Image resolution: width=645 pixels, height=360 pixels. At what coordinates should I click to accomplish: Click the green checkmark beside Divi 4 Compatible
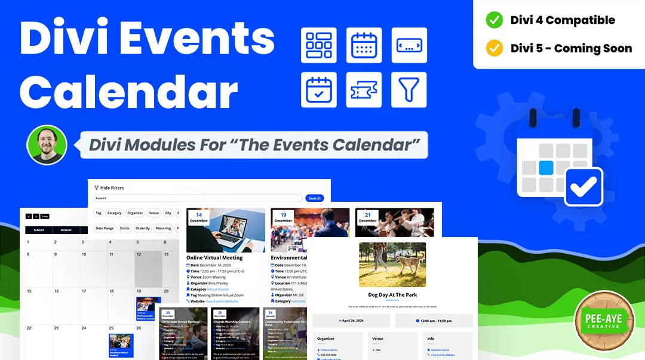point(494,20)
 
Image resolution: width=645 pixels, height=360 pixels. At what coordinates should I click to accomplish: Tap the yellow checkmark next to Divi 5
point(494,48)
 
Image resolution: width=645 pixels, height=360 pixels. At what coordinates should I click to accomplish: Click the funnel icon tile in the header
point(409,90)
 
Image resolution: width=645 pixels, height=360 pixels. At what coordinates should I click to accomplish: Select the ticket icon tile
point(364,90)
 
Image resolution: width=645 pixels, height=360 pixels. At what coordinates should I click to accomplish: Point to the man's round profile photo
point(47,144)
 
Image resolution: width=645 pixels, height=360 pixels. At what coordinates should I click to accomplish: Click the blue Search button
point(314,198)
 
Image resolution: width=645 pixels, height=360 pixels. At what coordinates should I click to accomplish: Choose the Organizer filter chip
point(135,213)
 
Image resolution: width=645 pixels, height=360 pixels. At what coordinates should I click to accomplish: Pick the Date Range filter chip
point(105,228)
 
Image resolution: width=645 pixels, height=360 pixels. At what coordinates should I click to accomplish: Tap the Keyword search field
point(197,198)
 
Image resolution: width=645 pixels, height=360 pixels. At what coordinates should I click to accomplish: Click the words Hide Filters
point(112,187)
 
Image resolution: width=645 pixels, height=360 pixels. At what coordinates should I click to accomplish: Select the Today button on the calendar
point(45,216)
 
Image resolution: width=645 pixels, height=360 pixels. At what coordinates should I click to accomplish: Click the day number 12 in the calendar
point(139,254)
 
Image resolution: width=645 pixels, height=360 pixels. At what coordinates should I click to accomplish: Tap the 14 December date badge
point(199,217)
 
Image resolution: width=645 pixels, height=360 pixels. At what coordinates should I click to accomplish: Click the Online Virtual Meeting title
point(214,258)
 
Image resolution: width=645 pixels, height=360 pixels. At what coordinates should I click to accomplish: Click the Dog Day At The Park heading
point(392,295)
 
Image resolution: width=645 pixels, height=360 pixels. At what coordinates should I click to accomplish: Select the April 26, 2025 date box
point(351,321)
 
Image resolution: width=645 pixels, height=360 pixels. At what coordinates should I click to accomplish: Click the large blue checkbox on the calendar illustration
point(583,187)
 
